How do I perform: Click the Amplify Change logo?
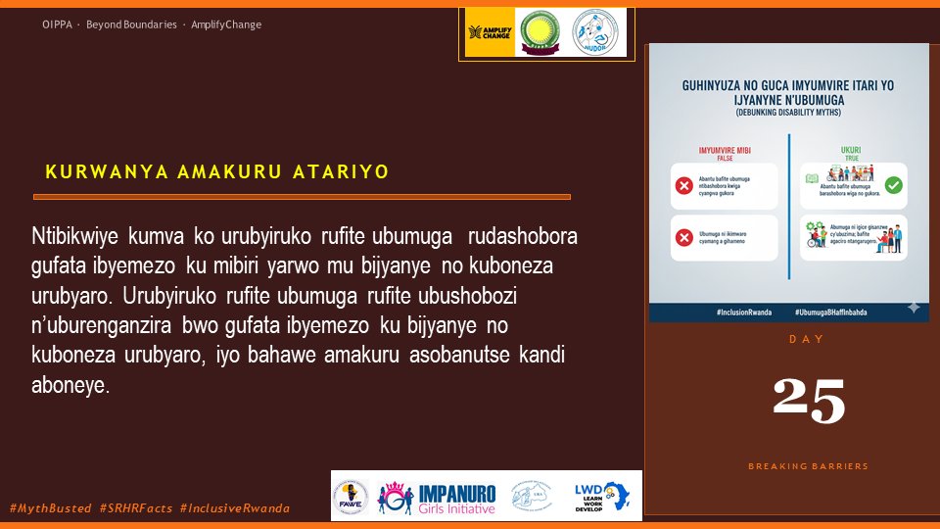pyautogui.click(x=489, y=33)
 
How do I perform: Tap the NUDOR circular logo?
pyautogui.click(x=599, y=33)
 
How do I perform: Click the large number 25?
pyautogui.click(x=808, y=401)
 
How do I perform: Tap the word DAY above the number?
pyautogui.click(x=807, y=339)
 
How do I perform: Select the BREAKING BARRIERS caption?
pyautogui.click(x=808, y=466)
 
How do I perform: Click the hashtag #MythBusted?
pyautogui.click(x=50, y=508)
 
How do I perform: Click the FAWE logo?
pyautogui.click(x=352, y=496)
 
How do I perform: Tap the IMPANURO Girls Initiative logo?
pyautogui.click(x=437, y=497)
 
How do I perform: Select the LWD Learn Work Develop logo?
pyautogui.click(x=602, y=496)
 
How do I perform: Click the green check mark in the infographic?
pyautogui.click(x=893, y=185)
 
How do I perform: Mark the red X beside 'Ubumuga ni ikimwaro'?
pyautogui.click(x=684, y=238)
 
